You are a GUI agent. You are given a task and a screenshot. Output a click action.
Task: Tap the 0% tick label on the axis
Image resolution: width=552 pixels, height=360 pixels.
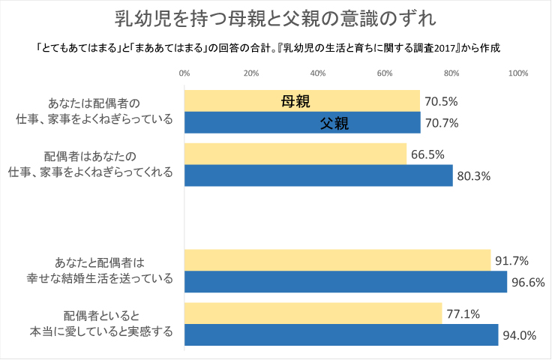coord(184,73)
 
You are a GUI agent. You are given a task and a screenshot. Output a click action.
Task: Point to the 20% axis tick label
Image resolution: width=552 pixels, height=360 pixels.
coord(251,73)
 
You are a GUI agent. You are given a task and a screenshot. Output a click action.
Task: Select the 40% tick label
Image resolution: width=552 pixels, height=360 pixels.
coord(318,73)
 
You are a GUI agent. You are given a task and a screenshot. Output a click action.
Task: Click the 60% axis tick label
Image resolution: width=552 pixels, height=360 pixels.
coord(385,73)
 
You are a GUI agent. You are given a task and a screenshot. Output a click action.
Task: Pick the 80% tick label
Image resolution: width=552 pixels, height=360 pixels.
coord(451,73)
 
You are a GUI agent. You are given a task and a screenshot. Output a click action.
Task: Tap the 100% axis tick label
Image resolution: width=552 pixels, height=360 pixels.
coord(517,73)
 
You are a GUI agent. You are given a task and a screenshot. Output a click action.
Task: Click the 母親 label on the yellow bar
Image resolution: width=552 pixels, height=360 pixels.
coord(295,101)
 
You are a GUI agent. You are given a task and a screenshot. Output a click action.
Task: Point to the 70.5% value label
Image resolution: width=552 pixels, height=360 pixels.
coord(441,101)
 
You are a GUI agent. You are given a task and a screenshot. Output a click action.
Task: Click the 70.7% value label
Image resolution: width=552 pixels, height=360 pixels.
coord(442,122)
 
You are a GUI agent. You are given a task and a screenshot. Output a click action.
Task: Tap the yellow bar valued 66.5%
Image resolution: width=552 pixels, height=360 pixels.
coord(295,154)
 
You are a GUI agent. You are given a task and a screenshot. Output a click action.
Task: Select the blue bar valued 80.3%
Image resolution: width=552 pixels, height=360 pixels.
coord(319,175)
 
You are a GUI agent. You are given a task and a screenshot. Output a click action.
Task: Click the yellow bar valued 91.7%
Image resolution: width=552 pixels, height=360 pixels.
coord(337,261)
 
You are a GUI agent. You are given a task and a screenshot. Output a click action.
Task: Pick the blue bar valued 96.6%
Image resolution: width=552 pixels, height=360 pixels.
coord(346,282)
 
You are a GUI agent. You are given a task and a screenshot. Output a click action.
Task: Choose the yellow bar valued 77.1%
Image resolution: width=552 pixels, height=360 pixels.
coord(313,313)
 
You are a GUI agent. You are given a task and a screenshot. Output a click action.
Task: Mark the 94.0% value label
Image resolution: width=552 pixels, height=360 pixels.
coord(520,335)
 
